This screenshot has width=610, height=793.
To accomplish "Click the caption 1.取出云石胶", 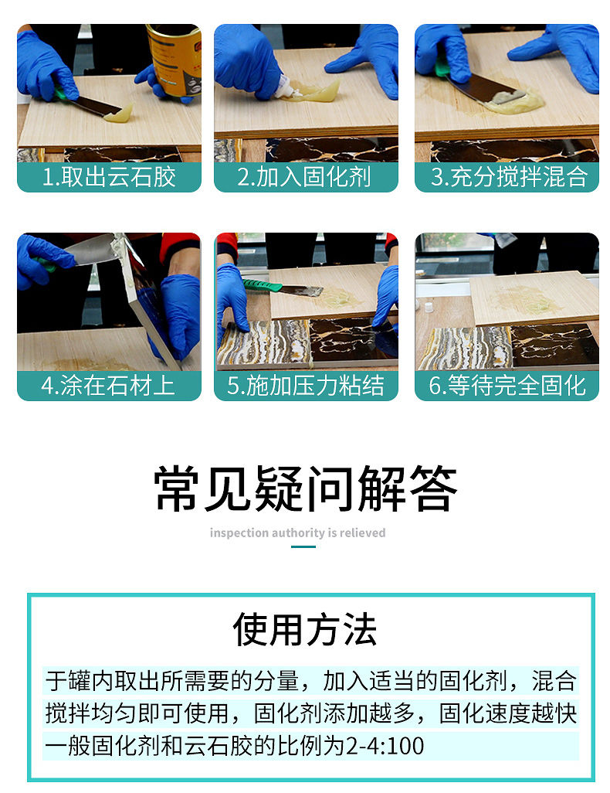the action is point(109,177).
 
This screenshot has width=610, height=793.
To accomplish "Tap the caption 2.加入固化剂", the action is point(304,177).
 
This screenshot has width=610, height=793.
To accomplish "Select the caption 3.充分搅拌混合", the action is point(509,177).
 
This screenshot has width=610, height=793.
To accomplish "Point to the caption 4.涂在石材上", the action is point(108,386).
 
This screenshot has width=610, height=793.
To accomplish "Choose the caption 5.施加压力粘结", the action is point(305,386).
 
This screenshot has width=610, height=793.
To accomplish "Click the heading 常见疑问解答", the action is point(305,488).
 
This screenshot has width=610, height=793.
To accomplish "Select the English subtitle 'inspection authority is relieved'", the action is point(298,533).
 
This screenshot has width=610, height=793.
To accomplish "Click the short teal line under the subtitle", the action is point(303,546).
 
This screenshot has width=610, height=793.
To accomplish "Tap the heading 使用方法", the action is point(305,630).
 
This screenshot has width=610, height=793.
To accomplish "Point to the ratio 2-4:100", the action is point(385,746).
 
